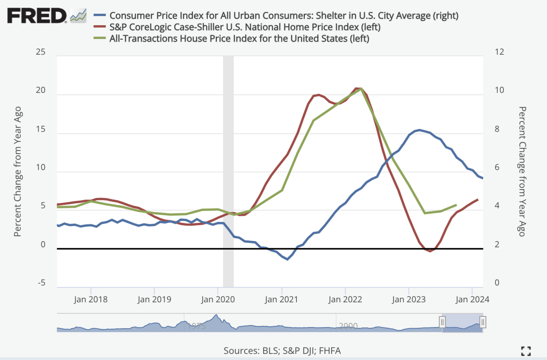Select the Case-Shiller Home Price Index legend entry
coord(245,27)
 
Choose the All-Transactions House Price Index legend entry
coord(240,39)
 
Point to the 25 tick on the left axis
coord(41,52)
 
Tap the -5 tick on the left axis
coord(41,283)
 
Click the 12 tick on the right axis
coord(499,52)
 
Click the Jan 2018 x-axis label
coord(91,299)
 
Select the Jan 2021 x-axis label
coord(282,299)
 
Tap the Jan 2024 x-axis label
coord(472,299)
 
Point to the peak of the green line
coord(361,89)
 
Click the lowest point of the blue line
coord(287,259)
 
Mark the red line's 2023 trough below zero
coord(430,251)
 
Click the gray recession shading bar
coord(228,169)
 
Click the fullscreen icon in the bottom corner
coord(526,350)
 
